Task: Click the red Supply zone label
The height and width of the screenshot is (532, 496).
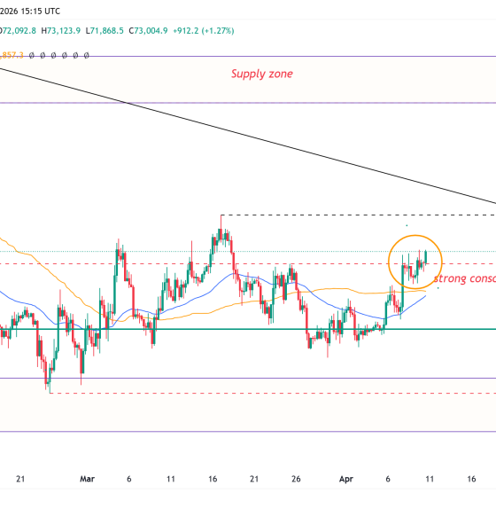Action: pyautogui.click(x=261, y=74)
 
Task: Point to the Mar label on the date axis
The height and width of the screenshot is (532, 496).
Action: pyautogui.click(x=87, y=479)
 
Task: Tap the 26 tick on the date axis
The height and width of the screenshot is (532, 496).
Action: pyautogui.click(x=296, y=479)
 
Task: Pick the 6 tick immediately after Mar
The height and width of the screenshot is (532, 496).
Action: pyautogui.click(x=129, y=479)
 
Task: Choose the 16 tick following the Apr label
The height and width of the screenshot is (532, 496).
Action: pyautogui.click(x=471, y=479)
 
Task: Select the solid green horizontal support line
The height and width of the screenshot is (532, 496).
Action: pyautogui.click(x=221, y=329)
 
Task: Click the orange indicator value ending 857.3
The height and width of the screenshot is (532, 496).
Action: pyautogui.click(x=13, y=54)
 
